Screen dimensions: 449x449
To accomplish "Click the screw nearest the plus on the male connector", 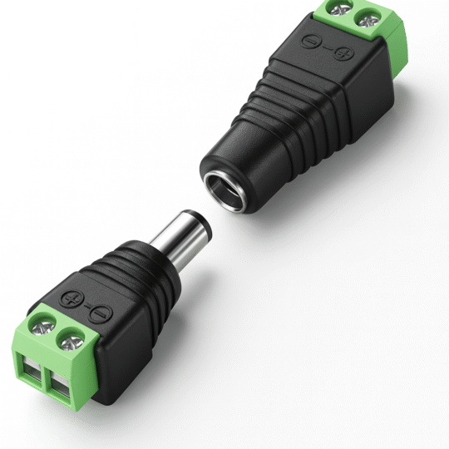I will [42, 322].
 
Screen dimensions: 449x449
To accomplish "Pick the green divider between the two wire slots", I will [48, 382].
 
